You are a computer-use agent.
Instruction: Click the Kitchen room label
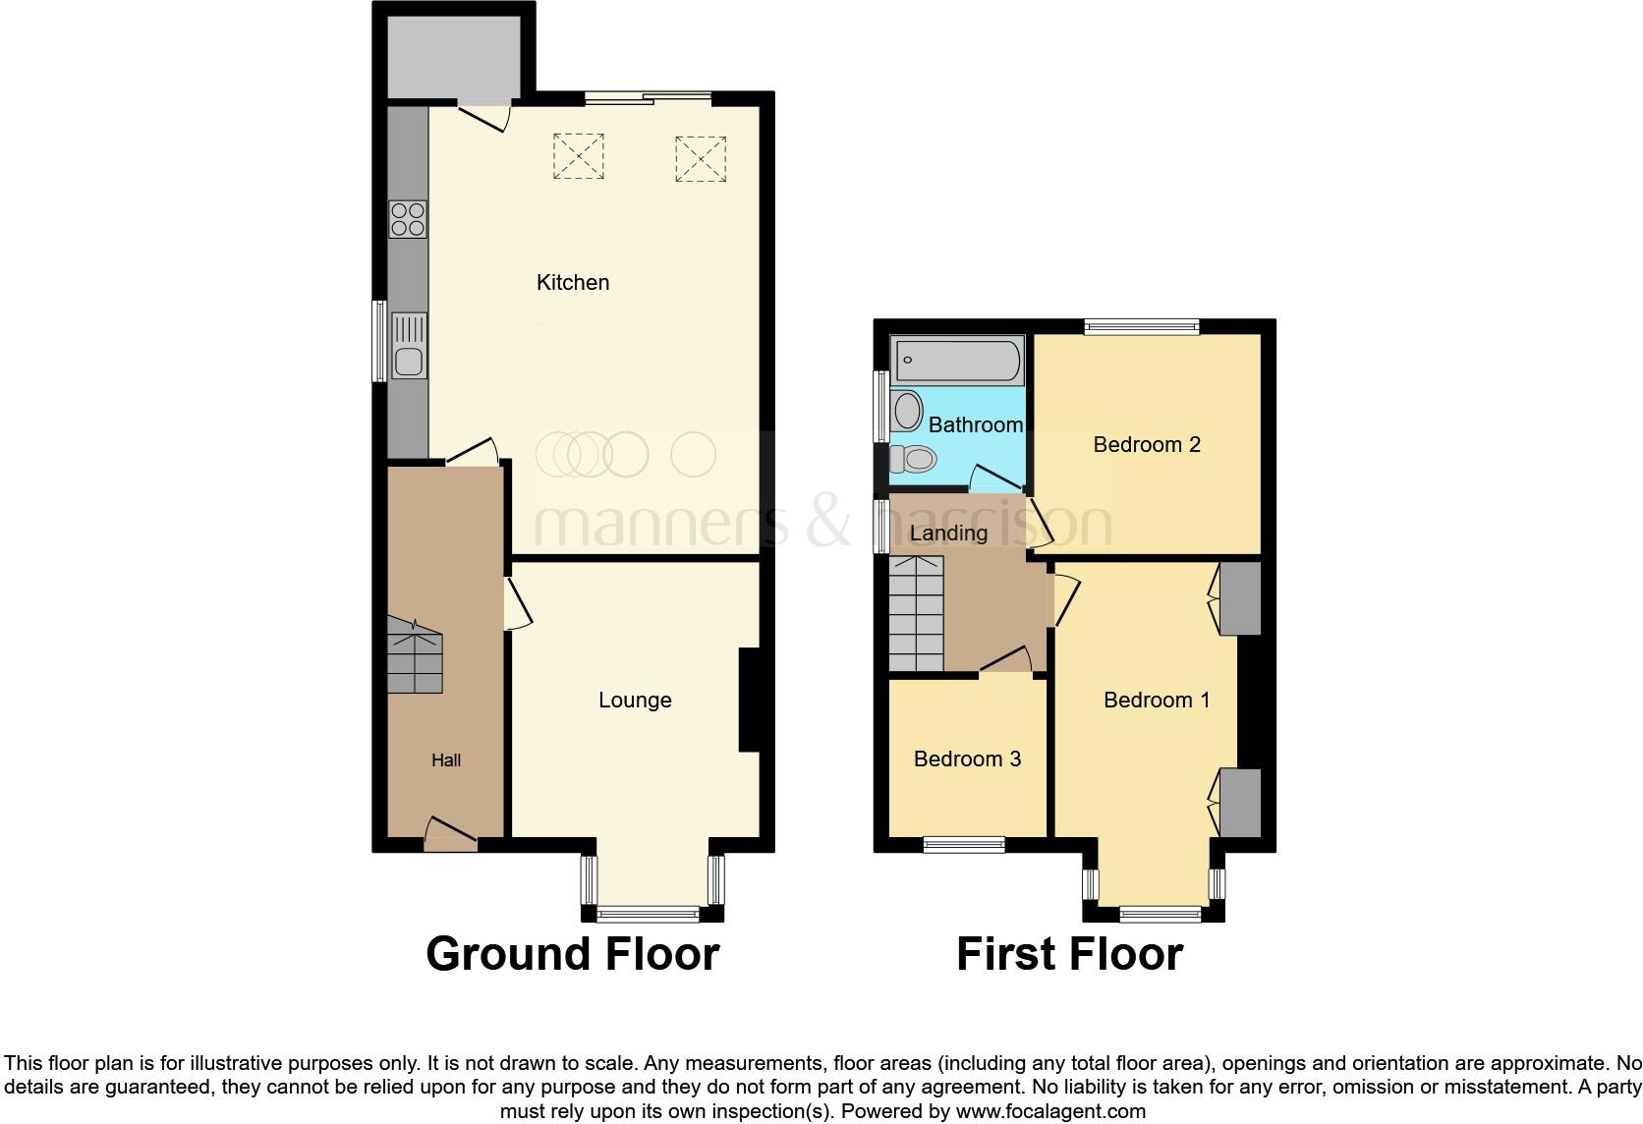click(572, 283)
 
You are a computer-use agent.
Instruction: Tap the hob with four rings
click(408, 219)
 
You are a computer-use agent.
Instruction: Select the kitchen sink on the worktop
click(409, 346)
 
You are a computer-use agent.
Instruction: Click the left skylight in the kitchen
click(578, 156)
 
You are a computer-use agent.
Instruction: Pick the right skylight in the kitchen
click(701, 158)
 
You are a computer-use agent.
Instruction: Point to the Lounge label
click(635, 701)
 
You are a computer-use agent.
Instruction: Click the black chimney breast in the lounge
click(749, 700)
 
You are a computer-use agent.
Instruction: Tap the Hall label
click(445, 760)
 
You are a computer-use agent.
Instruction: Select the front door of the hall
click(451, 835)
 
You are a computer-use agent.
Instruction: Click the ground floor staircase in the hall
click(414, 656)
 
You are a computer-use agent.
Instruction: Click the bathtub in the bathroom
click(956, 361)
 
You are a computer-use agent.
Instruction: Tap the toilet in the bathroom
click(914, 458)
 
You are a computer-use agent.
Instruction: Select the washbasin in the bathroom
click(906, 411)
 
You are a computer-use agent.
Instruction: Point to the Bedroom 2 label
click(1147, 445)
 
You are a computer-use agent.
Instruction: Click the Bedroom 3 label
click(967, 759)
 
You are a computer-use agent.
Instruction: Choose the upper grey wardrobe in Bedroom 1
click(1239, 598)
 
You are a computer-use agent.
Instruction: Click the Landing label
click(948, 534)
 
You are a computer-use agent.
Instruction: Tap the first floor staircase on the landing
click(915, 614)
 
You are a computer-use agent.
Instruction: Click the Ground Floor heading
click(572, 954)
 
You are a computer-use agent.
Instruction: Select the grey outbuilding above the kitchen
click(453, 56)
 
